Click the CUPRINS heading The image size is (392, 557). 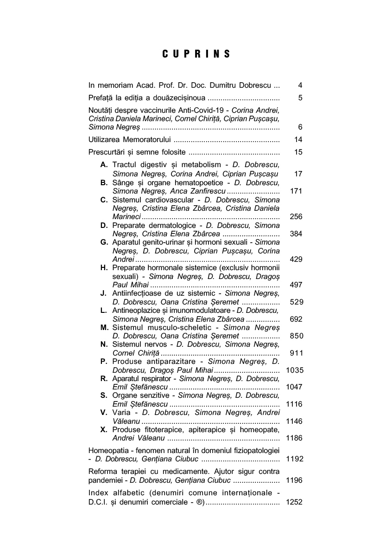tap(196, 54)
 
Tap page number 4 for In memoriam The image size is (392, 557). tap(300, 85)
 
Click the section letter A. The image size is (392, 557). tap(104, 165)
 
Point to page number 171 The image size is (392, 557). tap(296, 191)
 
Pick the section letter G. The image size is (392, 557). tap(104, 242)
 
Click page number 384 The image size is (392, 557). tap(296, 234)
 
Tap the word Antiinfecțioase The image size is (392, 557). tap(139, 293)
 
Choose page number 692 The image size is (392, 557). tap(296, 319)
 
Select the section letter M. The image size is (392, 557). tap(104, 327)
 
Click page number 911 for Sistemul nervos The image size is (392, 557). tap(296, 353)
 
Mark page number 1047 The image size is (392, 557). tap(294, 387)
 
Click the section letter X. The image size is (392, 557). tap(104, 430)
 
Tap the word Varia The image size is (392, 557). tap(121, 413)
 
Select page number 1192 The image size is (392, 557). tap(294, 459)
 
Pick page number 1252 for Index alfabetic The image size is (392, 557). tap(294, 502)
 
